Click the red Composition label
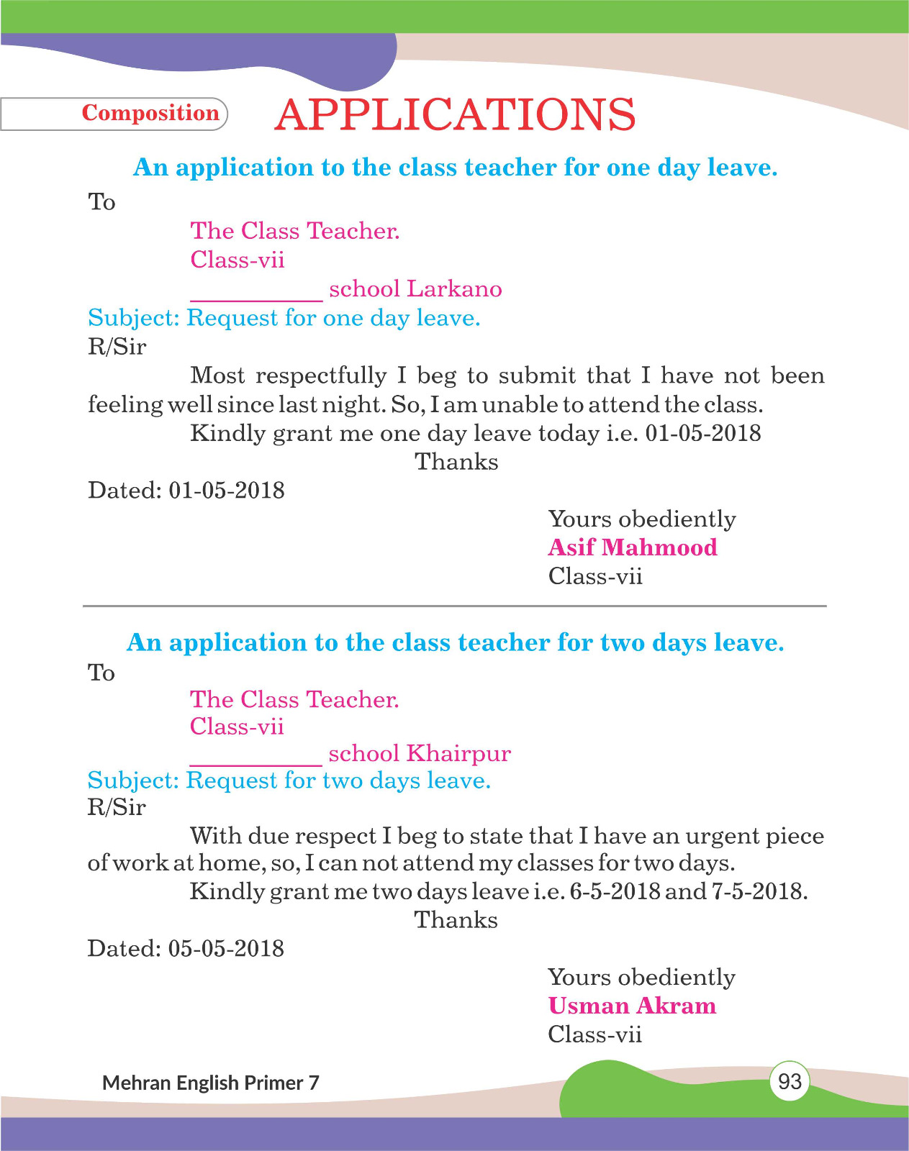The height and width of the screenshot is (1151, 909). [150, 113]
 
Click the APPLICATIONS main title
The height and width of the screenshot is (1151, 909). [455, 115]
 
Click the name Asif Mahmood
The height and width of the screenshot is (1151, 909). [633, 547]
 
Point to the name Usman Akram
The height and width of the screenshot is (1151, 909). [632, 1006]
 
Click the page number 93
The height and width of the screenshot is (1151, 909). [790, 1081]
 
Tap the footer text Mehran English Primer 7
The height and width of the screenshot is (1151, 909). [211, 1083]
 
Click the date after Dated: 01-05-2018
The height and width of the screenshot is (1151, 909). [227, 491]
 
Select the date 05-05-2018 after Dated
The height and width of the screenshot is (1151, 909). [226, 949]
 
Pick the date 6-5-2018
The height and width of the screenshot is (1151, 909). [615, 892]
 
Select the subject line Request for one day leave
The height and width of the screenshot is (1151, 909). [333, 318]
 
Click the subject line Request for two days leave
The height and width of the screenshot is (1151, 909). [338, 781]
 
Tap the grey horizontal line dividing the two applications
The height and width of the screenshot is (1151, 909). [455, 606]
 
